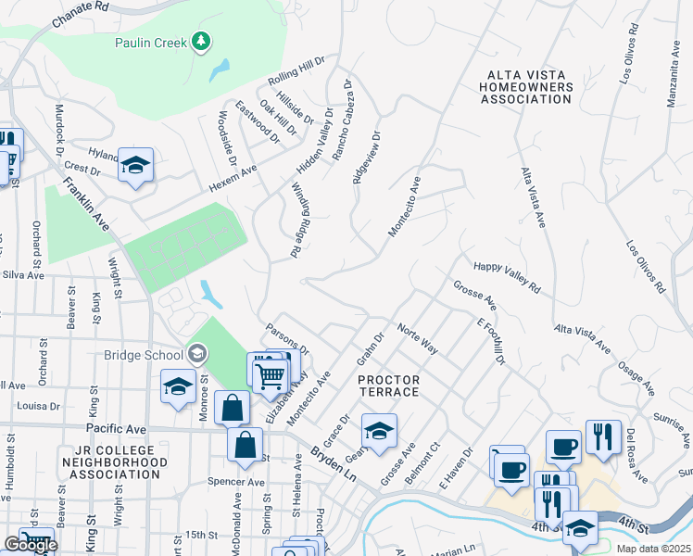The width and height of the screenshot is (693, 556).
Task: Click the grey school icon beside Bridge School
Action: [196, 353]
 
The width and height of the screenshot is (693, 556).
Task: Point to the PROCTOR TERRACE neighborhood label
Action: [389, 386]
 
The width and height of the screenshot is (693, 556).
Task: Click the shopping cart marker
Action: [270, 375]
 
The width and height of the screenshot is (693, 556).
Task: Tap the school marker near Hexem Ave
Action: [136, 166]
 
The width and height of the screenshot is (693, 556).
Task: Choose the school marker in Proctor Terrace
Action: [378, 432]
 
